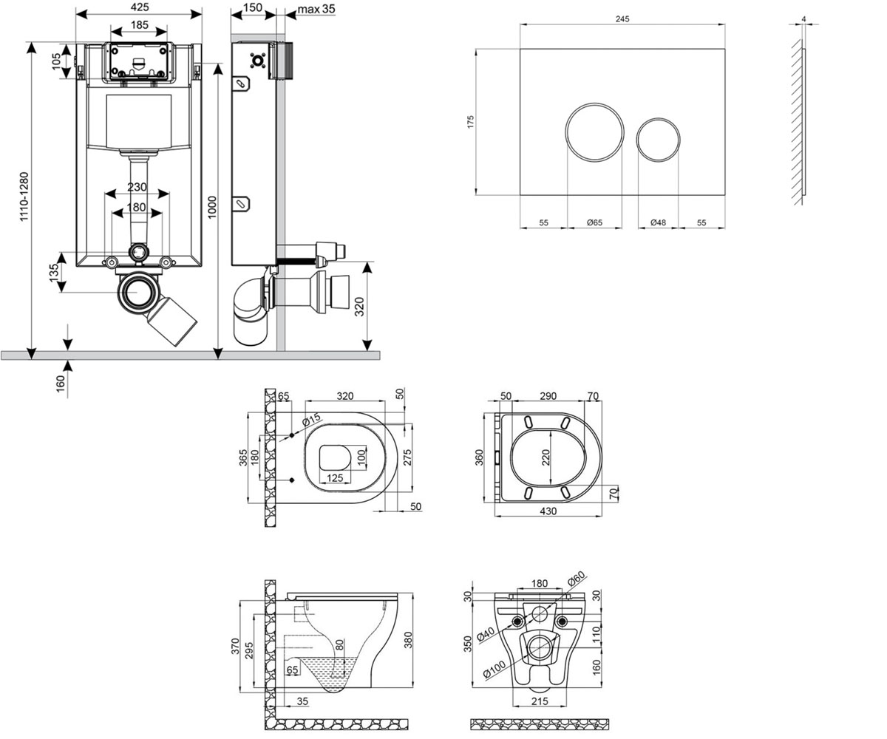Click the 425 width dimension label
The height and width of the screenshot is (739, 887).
coord(140,7)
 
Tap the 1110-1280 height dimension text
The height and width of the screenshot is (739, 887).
coord(24,197)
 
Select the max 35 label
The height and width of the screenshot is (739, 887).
coord(316,9)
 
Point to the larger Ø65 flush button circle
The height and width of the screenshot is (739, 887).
coord(594,132)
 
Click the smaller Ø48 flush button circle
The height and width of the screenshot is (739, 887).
coord(658,140)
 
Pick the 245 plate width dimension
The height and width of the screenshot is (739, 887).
coord(622,18)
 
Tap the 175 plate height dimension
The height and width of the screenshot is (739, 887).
coord(470,122)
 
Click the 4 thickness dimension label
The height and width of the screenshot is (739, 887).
coord(803,19)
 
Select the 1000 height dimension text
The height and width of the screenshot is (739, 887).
coord(212,207)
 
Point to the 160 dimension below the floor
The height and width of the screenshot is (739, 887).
coord(61,384)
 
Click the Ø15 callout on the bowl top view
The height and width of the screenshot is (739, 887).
coord(311,420)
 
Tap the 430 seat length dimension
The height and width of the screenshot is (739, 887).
coord(548,511)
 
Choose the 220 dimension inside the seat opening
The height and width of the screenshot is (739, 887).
coord(546,457)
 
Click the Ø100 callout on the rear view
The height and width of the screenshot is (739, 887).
coord(494,669)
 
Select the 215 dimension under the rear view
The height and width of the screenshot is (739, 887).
coord(540,701)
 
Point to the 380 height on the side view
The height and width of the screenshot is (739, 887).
coord(408,640)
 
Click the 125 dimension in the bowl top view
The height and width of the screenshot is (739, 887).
coord(335,478)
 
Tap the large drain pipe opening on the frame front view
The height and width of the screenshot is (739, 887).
coord(138,292)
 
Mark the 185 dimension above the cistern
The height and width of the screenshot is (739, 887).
coord(140,24)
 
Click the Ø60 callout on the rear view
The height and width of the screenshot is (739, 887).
coord(577,579)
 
